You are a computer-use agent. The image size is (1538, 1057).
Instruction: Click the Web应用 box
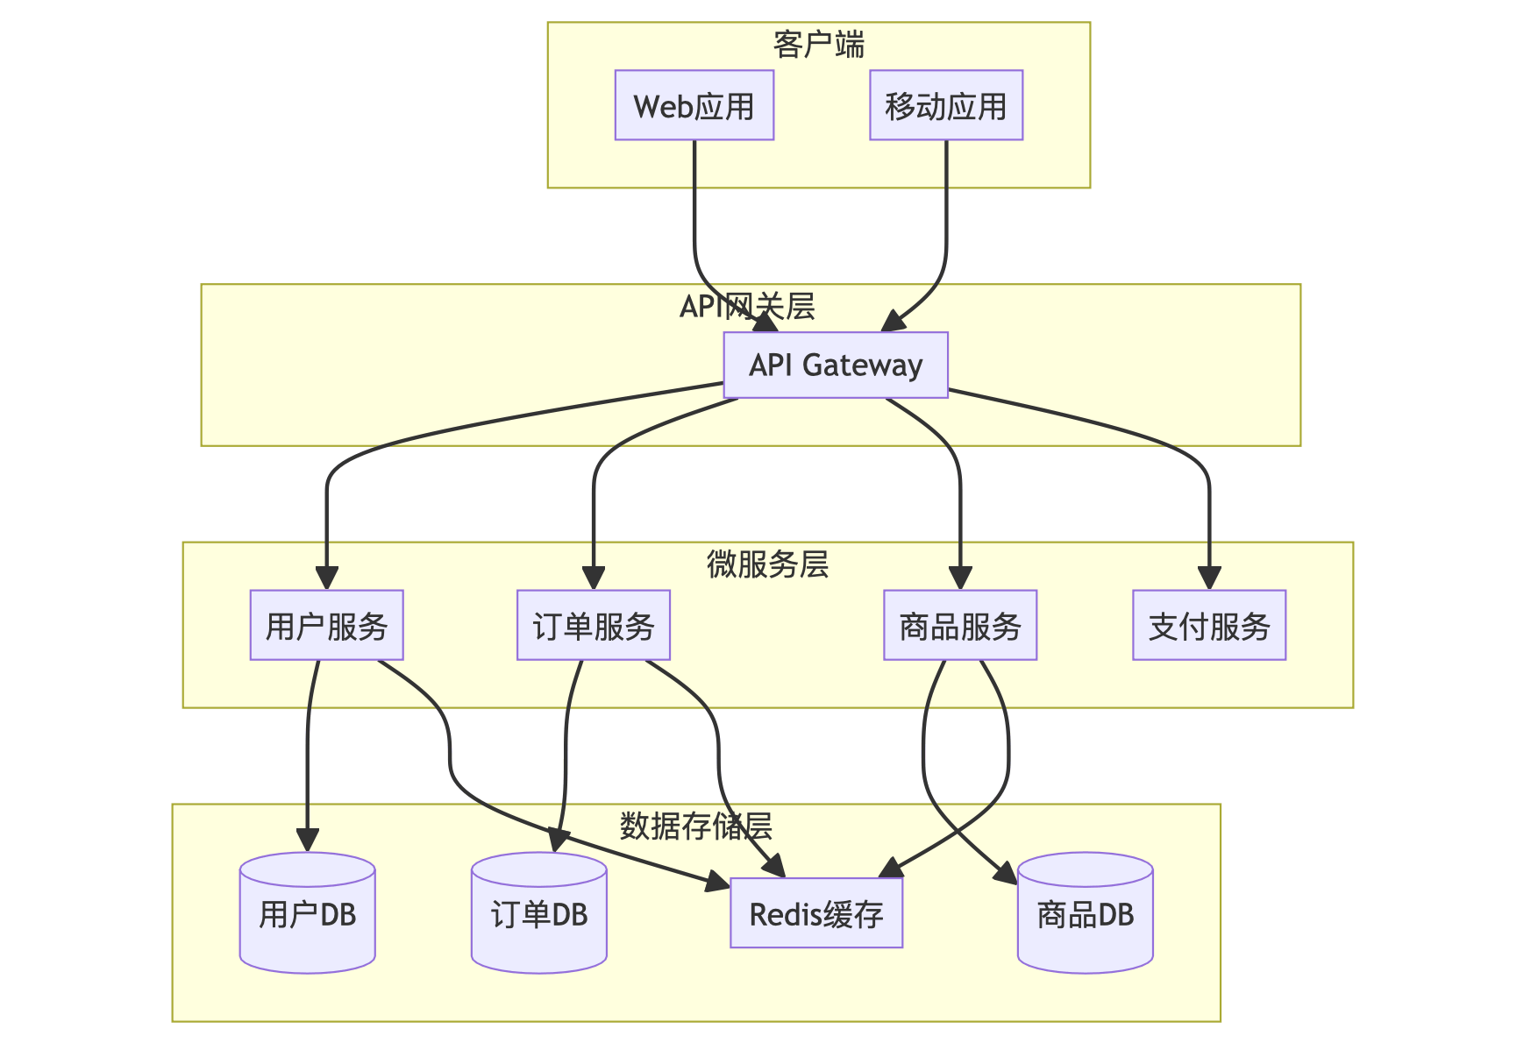(694, 105)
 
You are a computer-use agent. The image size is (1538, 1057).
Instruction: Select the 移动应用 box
(946, 105)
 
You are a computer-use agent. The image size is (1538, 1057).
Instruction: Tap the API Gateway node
(836, 365)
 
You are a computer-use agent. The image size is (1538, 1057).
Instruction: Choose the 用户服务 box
(327, 625)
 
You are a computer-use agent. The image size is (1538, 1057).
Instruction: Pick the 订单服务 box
(594, 625)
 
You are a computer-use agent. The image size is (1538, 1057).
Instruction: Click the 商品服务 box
(960, 625)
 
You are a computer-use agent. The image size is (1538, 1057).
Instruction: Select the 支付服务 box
(1209, 625)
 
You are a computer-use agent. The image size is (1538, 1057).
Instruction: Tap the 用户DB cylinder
(308, 912)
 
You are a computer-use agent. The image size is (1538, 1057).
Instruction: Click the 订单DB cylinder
(539, 912)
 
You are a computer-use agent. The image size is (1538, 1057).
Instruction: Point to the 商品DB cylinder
(1086, 912)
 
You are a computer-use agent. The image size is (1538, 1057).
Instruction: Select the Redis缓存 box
(816, 914)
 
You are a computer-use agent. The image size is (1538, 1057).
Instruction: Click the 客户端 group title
(819, 45)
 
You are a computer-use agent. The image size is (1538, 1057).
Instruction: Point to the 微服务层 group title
(768, 564)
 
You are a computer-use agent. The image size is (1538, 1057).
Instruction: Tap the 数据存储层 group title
(696, 826)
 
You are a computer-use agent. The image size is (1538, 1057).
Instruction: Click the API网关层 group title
(748, 307)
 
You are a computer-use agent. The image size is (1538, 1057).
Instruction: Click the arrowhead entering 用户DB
(308, 841)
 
